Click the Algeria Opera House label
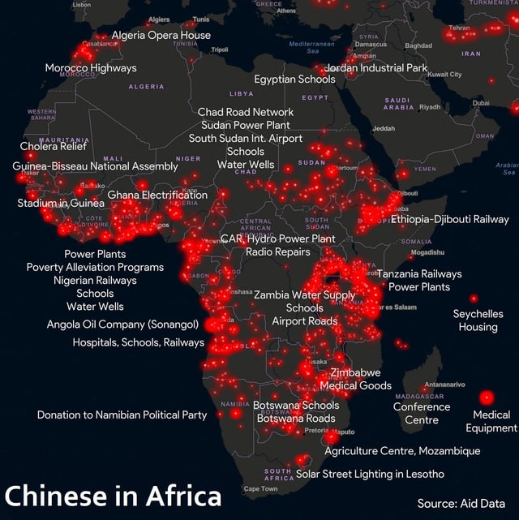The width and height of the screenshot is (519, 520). pos(161,35)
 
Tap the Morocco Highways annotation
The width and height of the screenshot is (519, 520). pos(91,67)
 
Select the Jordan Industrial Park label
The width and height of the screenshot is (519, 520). pos(376,67)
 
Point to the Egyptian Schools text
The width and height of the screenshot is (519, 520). pos(294,80)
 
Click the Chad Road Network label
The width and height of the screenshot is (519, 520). pos(246,111)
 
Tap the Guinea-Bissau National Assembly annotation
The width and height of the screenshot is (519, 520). pos(95,165)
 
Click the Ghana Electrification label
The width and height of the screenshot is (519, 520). pos(157,195)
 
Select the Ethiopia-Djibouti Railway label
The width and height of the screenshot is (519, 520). pos(450,219)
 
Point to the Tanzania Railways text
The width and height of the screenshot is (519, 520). pos(419,274)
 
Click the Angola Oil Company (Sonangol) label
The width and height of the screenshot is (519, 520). pos(122,324)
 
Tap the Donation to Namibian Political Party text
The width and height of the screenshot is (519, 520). pos(122,415)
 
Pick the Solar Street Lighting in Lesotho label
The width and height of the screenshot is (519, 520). pos(370,474)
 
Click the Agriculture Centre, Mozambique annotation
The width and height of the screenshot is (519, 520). pos(402,450)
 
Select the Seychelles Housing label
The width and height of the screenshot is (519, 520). pos(478,320)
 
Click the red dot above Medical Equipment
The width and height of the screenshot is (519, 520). pos(487,398)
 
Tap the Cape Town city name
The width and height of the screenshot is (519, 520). pos(260,489)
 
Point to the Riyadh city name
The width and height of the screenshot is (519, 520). pos(430,107)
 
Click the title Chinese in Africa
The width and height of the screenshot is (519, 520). pos(113,495)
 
